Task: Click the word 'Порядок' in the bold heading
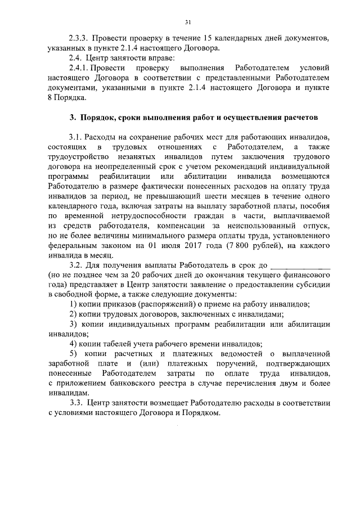click(98, 118)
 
